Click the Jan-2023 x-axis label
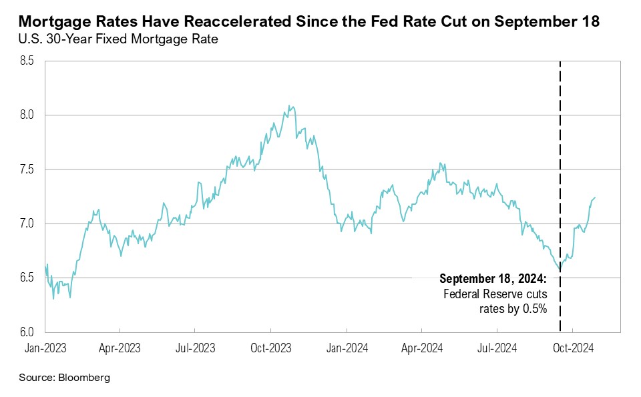tap(45, 347)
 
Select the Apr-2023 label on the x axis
tap(120, 347)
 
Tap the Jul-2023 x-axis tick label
tap(194, 347)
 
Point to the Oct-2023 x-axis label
tap(270, 347)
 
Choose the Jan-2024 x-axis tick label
tap(347, 347)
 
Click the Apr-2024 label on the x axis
tap(421, 347)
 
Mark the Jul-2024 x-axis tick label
tap(497, 347)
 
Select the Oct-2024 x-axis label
tap(573, 347)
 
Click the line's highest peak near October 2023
tap(288, 105)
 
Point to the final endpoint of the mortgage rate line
tap(596, 197)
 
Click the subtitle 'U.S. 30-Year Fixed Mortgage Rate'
tap(118, 40)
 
